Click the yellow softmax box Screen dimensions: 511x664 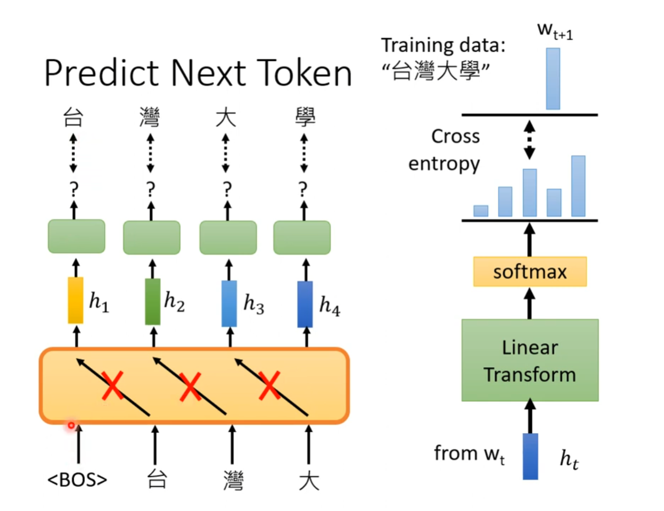pos(530,271)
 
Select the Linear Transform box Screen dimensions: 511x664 pos(530,360)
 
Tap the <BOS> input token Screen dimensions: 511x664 pos(77,480)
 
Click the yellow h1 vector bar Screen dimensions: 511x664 pos(76,300)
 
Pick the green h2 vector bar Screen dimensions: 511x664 pos(153,301)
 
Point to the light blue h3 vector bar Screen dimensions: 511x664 pos(229,302)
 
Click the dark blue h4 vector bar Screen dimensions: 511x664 pos(305,303)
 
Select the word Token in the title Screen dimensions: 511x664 pos(304,73)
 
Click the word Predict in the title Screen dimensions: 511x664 pos(102,73)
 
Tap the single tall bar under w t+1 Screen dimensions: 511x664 pos(553,79)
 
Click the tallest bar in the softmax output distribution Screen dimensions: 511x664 pos(578,186)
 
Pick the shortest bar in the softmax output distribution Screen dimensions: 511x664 pos(481,211)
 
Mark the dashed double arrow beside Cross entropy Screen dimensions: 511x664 pos(529,140)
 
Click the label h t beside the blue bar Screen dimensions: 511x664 pos(569,458)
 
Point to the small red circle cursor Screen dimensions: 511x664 pos(71,425)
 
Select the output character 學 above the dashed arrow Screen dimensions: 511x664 pos(305,117)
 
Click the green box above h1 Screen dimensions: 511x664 pos(77,236)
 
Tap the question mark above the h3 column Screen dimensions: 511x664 pos(227,188)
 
